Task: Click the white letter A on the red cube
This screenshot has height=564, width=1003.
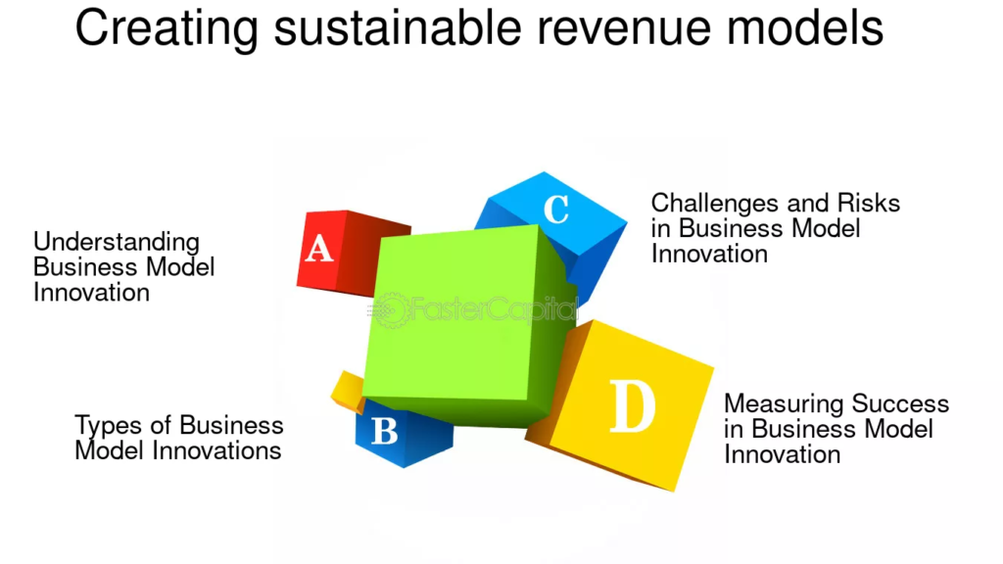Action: click(318, 249)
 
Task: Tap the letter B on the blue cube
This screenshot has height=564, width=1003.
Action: click(384, 431)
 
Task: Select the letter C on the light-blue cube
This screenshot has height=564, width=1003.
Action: click(556, 209)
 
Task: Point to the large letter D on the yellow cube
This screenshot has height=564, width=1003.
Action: click(632, 406)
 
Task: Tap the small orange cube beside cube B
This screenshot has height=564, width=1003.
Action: click(348, 391)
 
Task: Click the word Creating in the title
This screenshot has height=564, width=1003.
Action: click(167, 29)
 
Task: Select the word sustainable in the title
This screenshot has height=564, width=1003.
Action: click(398, 27)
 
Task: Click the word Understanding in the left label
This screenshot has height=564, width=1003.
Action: click(117, 243)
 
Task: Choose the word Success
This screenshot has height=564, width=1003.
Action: click(900, 403)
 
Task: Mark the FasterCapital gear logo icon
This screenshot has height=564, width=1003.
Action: click(390, 310)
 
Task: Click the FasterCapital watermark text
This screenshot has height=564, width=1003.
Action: click(494, 309)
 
